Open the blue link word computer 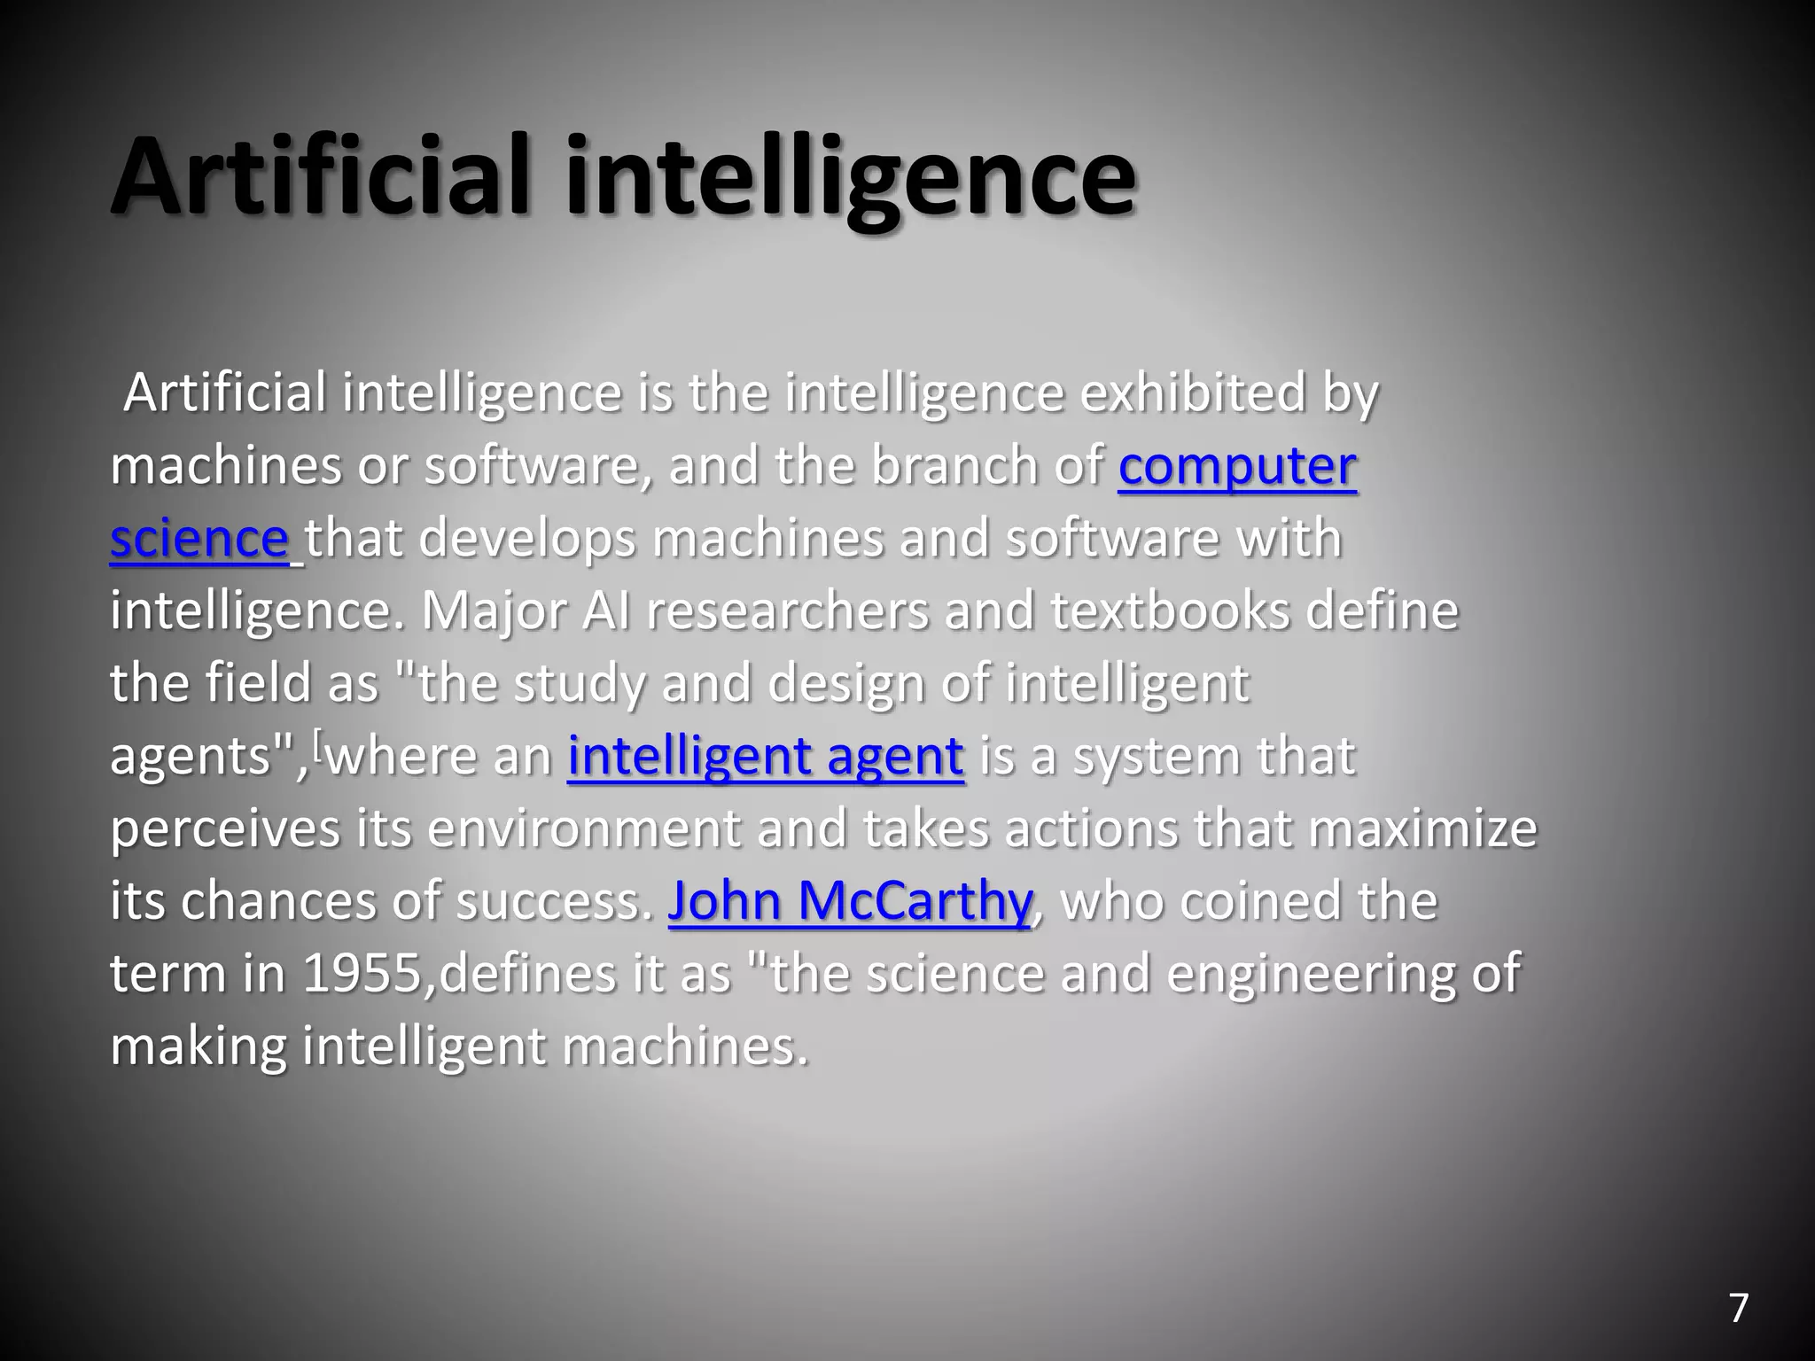pyautogui.click(x=1237, y=467)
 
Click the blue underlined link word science pyautogui.click(x=199, y=540)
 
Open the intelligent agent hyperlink pyautogui.click(x=765, y=757)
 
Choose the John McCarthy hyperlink pyautogui.click(x=849, y=901)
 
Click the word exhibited pyautogui.click(x=1192, y=393)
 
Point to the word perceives pyautogui.click(x=225, y=829)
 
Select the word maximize pyautogui.click(x=1422, y=829)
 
